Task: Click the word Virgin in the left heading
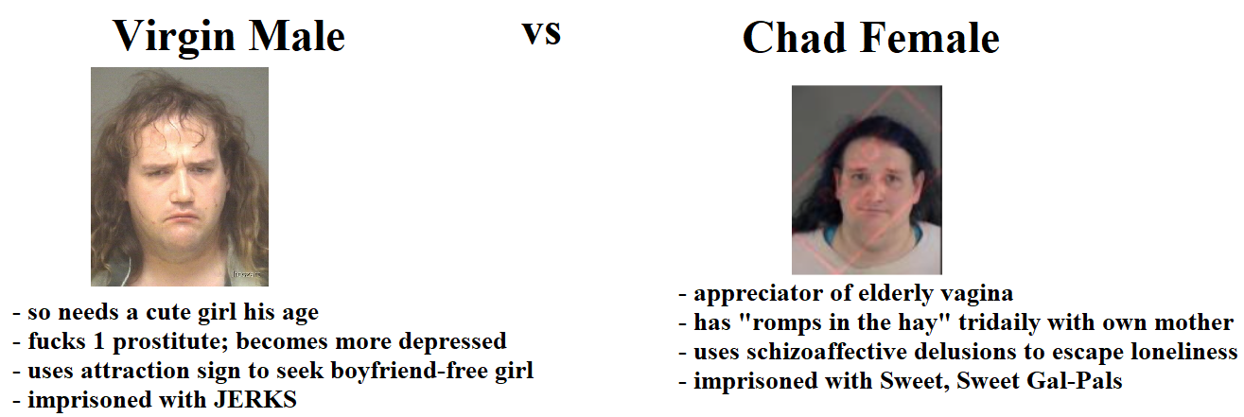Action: [x=174, y=38]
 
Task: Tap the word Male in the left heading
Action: [x=297, y=37]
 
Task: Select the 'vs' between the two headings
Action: [x=541, y=33]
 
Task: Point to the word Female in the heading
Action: [x=930, y=38]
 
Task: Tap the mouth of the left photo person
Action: [x=184, y=217]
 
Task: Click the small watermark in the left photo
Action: [x=246, y=273]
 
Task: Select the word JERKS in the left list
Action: [x=255, y=400]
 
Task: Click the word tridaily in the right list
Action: [x=999, y=322]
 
